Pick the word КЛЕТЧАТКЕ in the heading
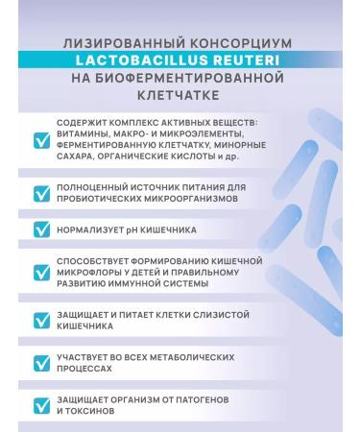click(x=180, y=96)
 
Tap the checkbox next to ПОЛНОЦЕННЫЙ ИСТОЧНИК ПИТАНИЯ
click(x=42, y=194)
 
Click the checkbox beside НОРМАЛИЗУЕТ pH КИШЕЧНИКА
click(x=42, y=230)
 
